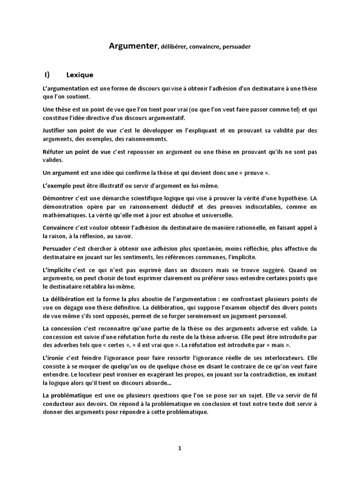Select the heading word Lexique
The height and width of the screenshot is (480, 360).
(x=80, y=75)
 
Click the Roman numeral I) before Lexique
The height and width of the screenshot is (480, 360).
(x=47, y=75)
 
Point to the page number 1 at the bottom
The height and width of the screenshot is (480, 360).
(x=180, y=448)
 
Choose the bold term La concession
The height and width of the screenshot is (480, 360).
(x=63, y=328)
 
